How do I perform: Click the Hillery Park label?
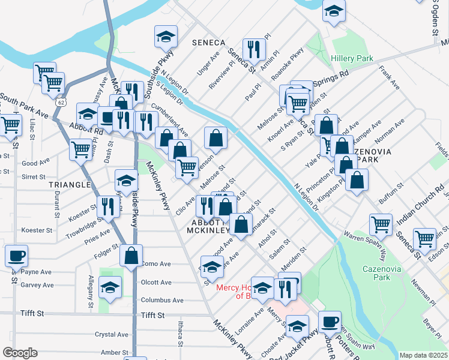click(352, 58)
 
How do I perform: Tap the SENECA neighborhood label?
click(208, 43)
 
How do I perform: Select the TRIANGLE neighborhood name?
click(70, 185)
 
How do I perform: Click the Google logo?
click(20, 352)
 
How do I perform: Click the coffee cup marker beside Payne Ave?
click(16, 256)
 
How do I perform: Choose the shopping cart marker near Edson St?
click(424, 238)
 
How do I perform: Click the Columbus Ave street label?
click(162, 300)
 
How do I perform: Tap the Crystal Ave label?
click(112, 334)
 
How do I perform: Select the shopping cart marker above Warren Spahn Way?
click(381, 224)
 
